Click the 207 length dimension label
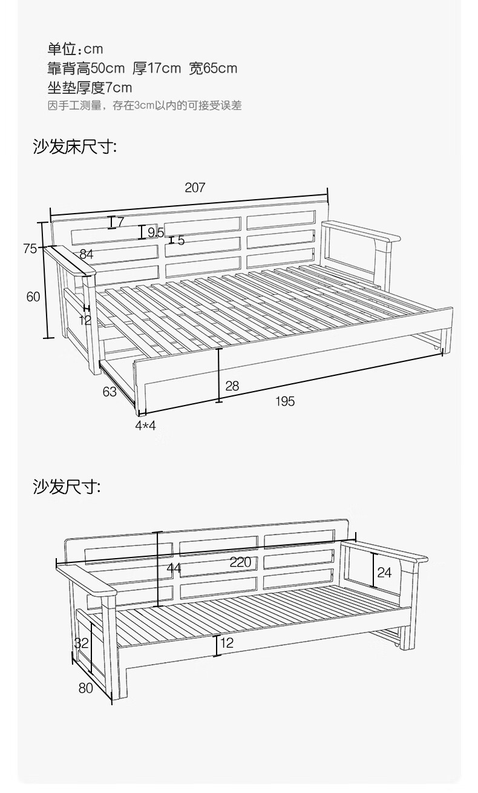(x=195, y=188)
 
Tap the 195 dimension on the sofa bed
(x=285, y=401)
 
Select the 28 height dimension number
(x=232, y=385)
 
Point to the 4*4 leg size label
(x=145, y=425)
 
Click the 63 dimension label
(x=110, y=392)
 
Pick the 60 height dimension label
(x=33, y=297)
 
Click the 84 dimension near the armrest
(x=86, y=254)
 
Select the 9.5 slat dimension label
(x=156, y=232)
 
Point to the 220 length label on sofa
(x=240, y=562)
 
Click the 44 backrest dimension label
(x=174, y=568)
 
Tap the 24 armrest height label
(x=384, y=571)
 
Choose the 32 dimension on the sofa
(x=82, y=643)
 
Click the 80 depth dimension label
(x=85, y=688)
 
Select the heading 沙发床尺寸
(x=74, y=147)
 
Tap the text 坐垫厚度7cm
(x=90, y=88)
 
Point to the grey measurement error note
(x=145, y=106)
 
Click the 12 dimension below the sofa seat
(x=227, y=643)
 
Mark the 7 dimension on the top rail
(x=120, y=222)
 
